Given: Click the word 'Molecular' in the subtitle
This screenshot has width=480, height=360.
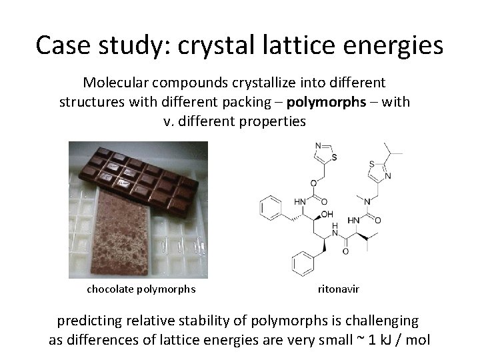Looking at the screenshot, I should coord(118,84).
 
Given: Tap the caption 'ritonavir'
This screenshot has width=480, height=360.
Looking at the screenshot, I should coord(337,289).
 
